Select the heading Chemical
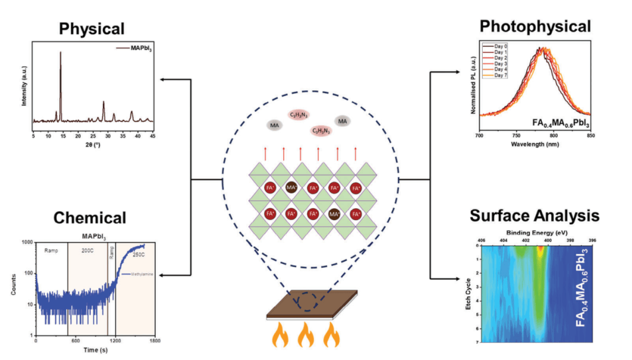(90, 218)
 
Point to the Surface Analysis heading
(534, 215)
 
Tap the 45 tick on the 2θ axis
(153, 135)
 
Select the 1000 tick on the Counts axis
(26, 242)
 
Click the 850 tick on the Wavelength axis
(590, 135)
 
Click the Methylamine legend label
(136, 273)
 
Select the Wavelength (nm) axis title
(535, 143)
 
